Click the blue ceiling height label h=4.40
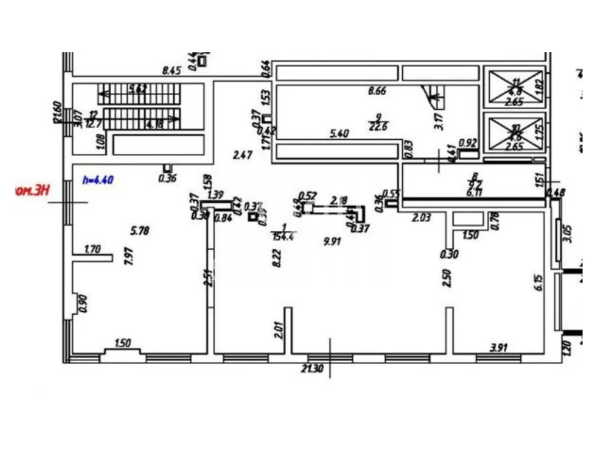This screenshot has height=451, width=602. (x=98, y=180)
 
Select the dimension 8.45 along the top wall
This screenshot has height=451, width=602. (x=172, y=71)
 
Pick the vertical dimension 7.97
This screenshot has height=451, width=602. (x=129, y=257)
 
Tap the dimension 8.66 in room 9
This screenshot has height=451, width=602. (x=377, y=91)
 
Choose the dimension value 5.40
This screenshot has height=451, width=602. (x=339, y=133)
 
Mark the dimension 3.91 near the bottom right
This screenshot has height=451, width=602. (x=498, y=347)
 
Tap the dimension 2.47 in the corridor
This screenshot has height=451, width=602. (x=242, y=156)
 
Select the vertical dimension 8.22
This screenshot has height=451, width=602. (x=276, y=257)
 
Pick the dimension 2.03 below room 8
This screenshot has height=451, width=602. (x=421, y=217)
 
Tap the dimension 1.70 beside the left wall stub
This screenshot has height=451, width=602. (x=92, y=249)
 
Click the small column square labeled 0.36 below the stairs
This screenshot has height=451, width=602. (x=168, y=168)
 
